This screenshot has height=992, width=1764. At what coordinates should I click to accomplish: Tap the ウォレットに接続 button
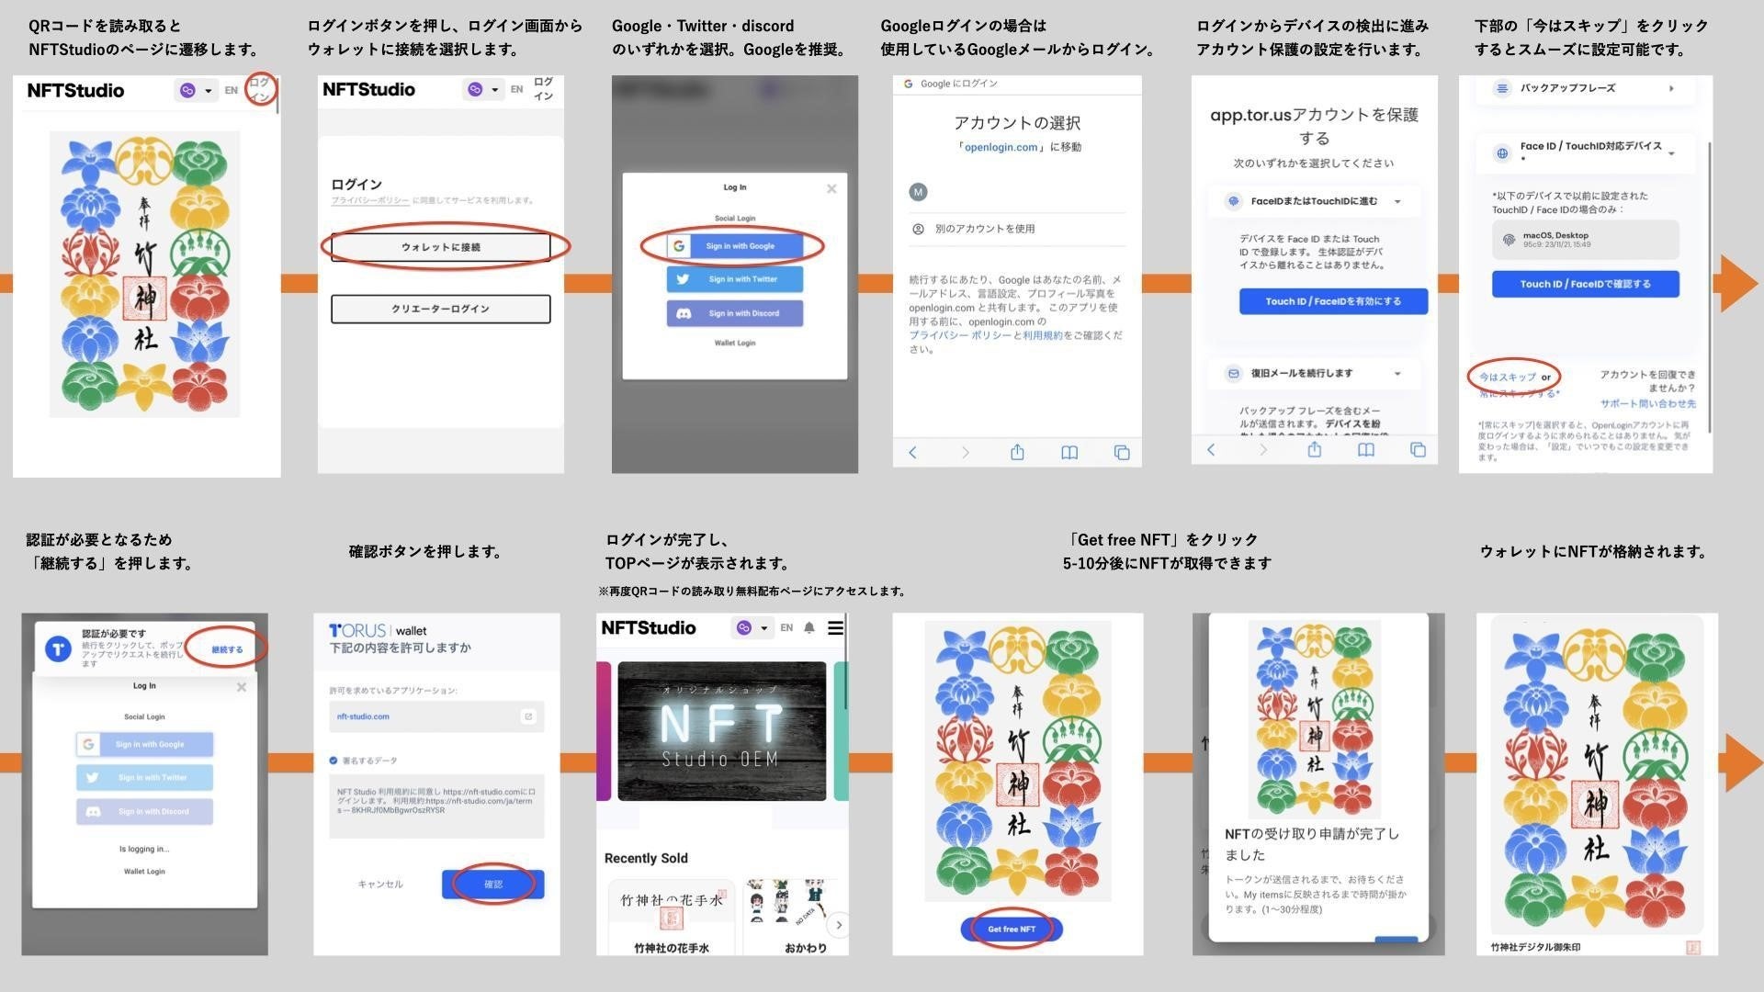point(441,247)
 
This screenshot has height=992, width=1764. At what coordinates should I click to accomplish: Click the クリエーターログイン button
point(441,309)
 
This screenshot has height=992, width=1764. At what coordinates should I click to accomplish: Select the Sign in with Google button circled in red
point(735,246)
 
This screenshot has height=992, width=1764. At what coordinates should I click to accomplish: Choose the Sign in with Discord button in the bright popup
point(735,313)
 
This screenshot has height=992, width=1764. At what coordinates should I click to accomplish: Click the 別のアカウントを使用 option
point(984,229)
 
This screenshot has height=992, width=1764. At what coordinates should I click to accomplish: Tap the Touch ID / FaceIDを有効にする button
point(1333,301)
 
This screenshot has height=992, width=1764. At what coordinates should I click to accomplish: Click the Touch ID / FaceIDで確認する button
point(1585,284)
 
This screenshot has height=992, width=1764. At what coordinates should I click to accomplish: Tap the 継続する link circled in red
point(227,649)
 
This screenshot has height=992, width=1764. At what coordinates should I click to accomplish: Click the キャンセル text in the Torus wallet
point(380,884)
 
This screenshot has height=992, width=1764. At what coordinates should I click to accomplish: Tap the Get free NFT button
point(1012,929)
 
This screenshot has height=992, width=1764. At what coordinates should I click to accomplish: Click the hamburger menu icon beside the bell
point(835,628)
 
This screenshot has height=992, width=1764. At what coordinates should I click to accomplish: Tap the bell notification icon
point(809,628)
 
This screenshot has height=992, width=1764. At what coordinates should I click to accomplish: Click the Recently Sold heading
point(646,858)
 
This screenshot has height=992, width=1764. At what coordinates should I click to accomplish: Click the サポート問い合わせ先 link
point(1647,403)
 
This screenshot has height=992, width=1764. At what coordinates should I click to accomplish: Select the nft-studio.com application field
point(436,716)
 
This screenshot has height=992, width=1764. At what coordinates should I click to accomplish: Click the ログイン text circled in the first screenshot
point(261,89)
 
